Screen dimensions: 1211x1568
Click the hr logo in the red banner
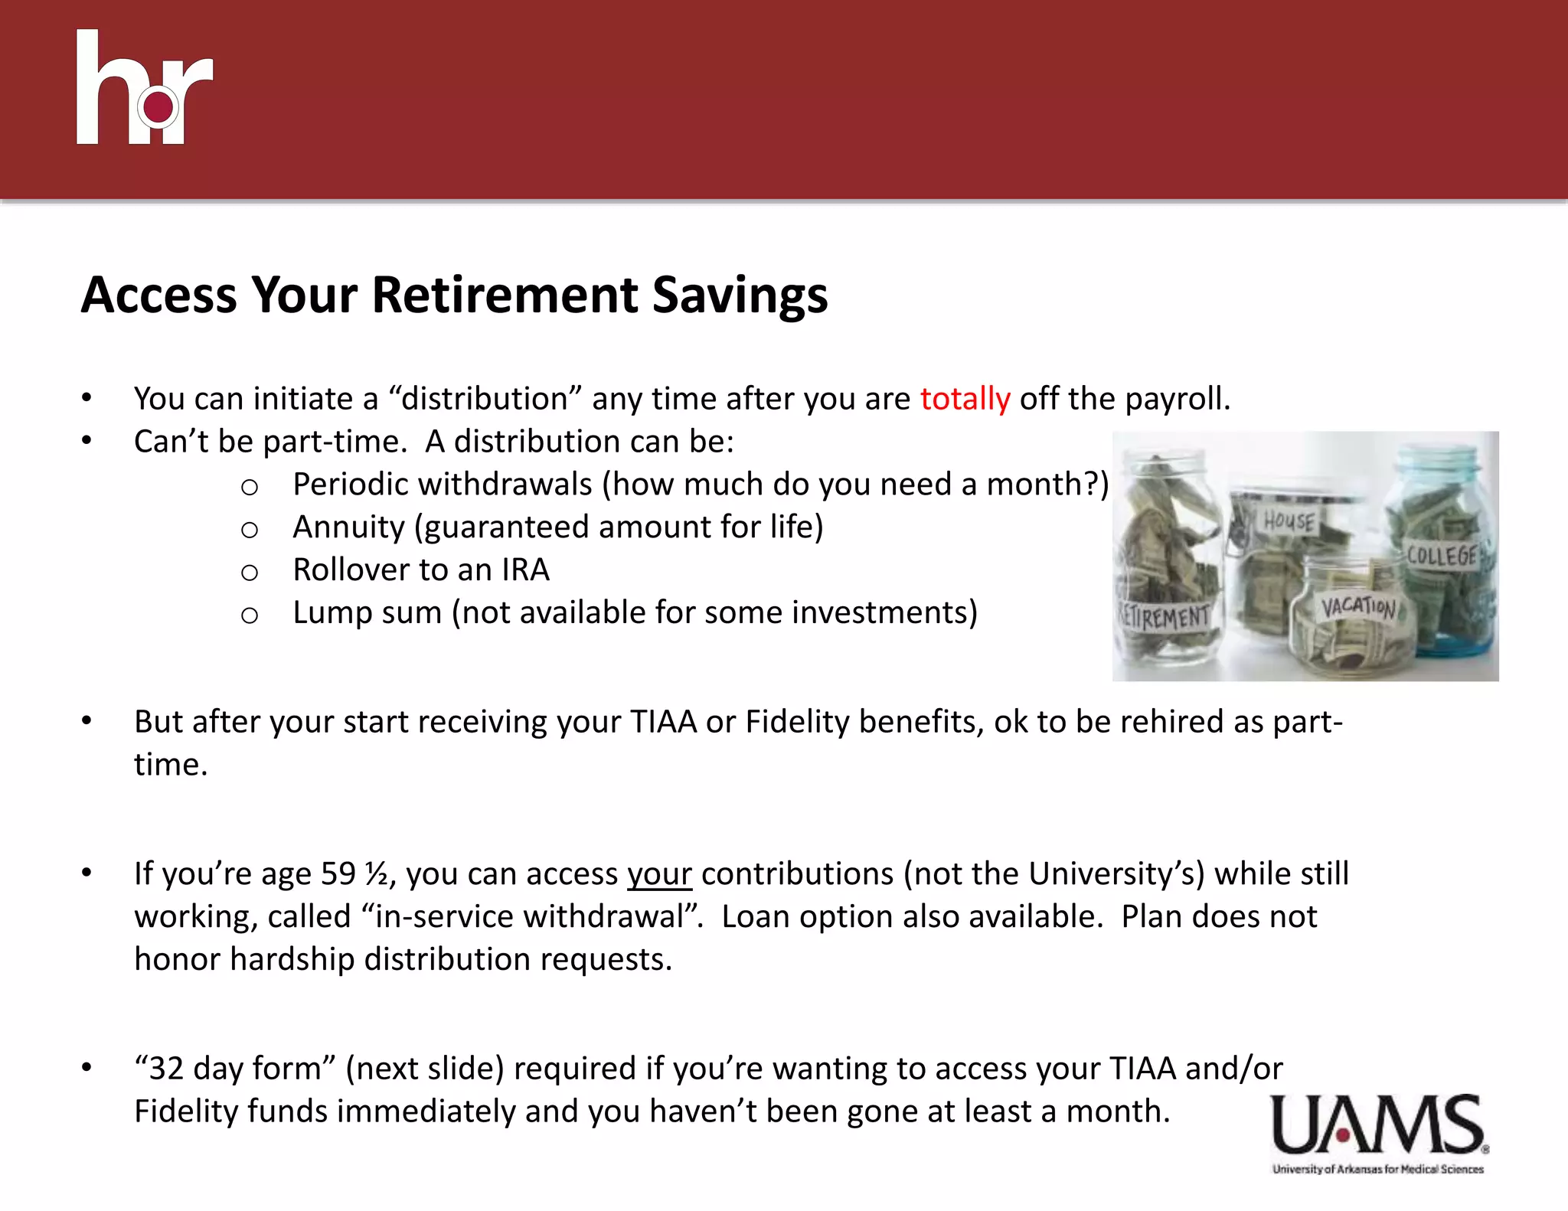tap(144, 88)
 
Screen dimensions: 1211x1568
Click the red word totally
tap(965, 399)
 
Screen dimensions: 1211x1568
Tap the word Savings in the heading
tap(740, 295)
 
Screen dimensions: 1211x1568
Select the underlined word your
tap(659, 874)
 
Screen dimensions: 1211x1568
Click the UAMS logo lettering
tap(1377, 1125)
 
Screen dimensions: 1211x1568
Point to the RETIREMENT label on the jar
tap(1165, 615)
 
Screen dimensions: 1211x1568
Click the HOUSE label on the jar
tap(1289, 521)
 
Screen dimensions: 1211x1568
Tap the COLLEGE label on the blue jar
tap(1442, 555)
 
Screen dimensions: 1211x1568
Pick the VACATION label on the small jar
tap(1357, 607)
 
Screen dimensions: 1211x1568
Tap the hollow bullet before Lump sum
tap(249, 615)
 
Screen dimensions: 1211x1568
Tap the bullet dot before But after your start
tap(87, 721)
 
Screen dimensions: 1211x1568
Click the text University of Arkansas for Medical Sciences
tap(1377, 1169)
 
